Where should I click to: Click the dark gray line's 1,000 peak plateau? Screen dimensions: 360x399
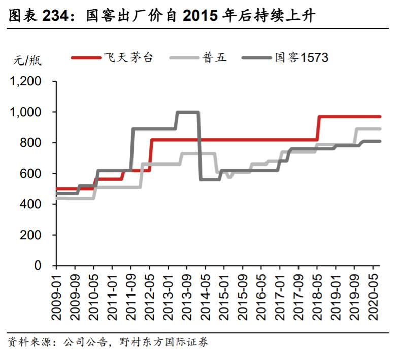pos(187,112)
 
